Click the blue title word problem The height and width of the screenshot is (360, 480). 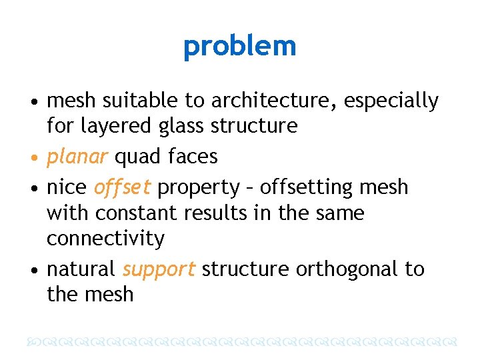[x=239, y=47]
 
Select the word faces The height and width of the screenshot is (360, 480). [x=193, y=157]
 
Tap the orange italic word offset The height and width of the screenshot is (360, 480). [x=125, y=187]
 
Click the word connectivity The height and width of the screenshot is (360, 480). [x=105, y=239]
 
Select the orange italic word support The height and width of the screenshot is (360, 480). [x=159, y=270]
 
